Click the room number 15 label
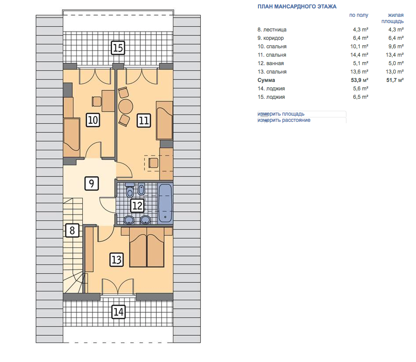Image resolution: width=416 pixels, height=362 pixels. click(x=118, y=48)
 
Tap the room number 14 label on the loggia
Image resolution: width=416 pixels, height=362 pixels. click(x=118, y=311)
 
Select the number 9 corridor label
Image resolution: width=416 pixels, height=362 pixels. click(x=92, y=183)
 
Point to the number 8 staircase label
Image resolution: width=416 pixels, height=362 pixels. click(x=72, y=230)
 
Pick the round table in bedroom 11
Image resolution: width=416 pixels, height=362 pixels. click(x=126, y=107)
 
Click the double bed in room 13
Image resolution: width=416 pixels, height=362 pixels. click(x=147, y=247)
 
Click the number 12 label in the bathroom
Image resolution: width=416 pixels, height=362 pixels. click(x=138, y=206)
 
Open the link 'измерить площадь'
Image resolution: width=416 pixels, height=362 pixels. click(x=281, y=114)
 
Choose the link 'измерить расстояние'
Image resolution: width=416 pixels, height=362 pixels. click(x=284, y=120)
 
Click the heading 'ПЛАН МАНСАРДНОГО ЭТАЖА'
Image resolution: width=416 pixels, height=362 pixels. click(x=297, y=7)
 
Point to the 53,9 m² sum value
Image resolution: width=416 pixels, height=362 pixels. click(x=359, y=80)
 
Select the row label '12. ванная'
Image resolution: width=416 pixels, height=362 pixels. click(x=270, y=63)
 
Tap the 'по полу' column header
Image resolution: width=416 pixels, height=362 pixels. click(x=359, y=15)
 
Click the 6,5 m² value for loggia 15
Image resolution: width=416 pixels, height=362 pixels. click(x=361, y=97)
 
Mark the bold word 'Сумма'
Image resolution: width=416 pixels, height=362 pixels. click(x=266, y=80)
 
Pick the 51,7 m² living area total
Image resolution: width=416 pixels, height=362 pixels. click(x=395, y=80)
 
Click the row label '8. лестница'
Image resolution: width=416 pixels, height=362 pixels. click(x=272, y=30)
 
